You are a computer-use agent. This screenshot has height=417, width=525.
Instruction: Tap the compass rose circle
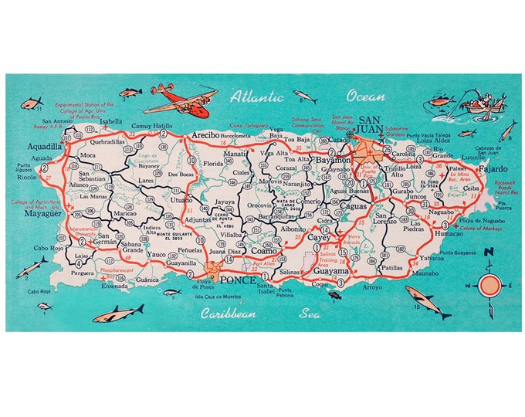489,286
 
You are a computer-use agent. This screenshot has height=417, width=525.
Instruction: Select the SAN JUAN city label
371,127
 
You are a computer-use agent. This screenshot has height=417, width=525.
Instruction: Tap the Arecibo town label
206,135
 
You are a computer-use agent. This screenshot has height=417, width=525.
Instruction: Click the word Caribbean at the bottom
229,314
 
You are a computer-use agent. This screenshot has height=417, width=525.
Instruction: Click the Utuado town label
182,200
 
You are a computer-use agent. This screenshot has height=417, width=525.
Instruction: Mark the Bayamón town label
333,159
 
